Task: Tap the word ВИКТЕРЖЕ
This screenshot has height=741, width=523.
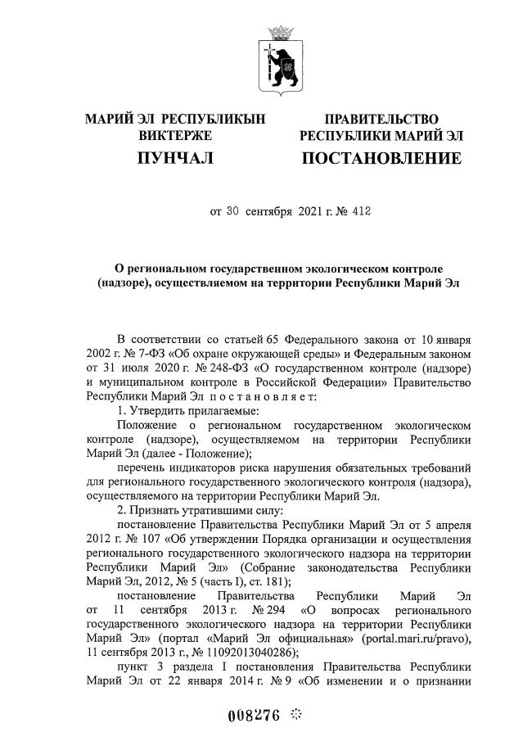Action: pyautogui.click(x=175, y=135)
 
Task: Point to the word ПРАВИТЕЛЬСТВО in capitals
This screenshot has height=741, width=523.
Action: pyautogui.click(x=381, y=120)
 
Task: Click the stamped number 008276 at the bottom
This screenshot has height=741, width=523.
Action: pyautogui.click(x=253, y=714)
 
